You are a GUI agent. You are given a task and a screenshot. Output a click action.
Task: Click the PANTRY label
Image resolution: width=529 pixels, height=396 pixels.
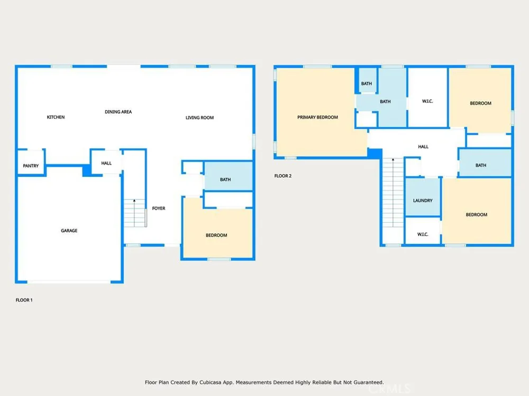31,166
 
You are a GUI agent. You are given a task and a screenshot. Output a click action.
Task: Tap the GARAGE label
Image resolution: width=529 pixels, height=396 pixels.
69,231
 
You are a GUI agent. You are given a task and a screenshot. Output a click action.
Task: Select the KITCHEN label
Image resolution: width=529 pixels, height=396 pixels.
56,117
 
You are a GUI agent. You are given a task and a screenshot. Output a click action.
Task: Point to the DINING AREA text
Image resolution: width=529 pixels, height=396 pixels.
118,112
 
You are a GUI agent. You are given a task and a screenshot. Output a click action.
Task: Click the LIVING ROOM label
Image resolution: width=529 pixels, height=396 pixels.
200,118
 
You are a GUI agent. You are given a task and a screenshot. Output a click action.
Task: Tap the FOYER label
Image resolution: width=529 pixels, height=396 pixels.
159,209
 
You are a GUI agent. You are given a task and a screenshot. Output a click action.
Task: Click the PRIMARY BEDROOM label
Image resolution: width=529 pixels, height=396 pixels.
317,117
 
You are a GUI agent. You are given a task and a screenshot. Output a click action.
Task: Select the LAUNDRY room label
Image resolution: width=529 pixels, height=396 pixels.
423,200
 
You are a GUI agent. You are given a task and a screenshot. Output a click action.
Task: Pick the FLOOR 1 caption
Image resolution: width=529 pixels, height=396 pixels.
24,300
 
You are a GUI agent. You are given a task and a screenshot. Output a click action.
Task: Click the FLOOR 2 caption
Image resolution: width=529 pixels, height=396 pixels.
282,176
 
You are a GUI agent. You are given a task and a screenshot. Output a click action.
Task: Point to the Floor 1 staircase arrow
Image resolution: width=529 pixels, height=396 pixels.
134,213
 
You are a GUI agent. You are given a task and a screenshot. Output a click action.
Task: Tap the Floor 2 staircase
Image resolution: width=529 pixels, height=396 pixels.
393,193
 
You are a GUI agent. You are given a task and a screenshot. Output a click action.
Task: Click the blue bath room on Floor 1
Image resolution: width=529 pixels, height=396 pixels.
229,176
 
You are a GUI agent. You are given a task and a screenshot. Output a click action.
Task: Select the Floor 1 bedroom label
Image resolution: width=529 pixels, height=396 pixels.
216,235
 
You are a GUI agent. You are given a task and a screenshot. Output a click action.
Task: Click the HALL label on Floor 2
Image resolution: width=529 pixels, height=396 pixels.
423,147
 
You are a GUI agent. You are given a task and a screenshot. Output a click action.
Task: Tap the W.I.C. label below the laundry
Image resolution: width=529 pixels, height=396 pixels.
423,234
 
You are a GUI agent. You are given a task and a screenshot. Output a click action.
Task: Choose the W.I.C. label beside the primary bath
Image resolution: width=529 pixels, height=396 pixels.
427,101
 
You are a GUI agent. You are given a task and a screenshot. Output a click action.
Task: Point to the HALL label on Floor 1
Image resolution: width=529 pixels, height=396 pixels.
106,163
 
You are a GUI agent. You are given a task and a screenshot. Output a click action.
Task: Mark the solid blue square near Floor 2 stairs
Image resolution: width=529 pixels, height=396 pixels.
375,153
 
